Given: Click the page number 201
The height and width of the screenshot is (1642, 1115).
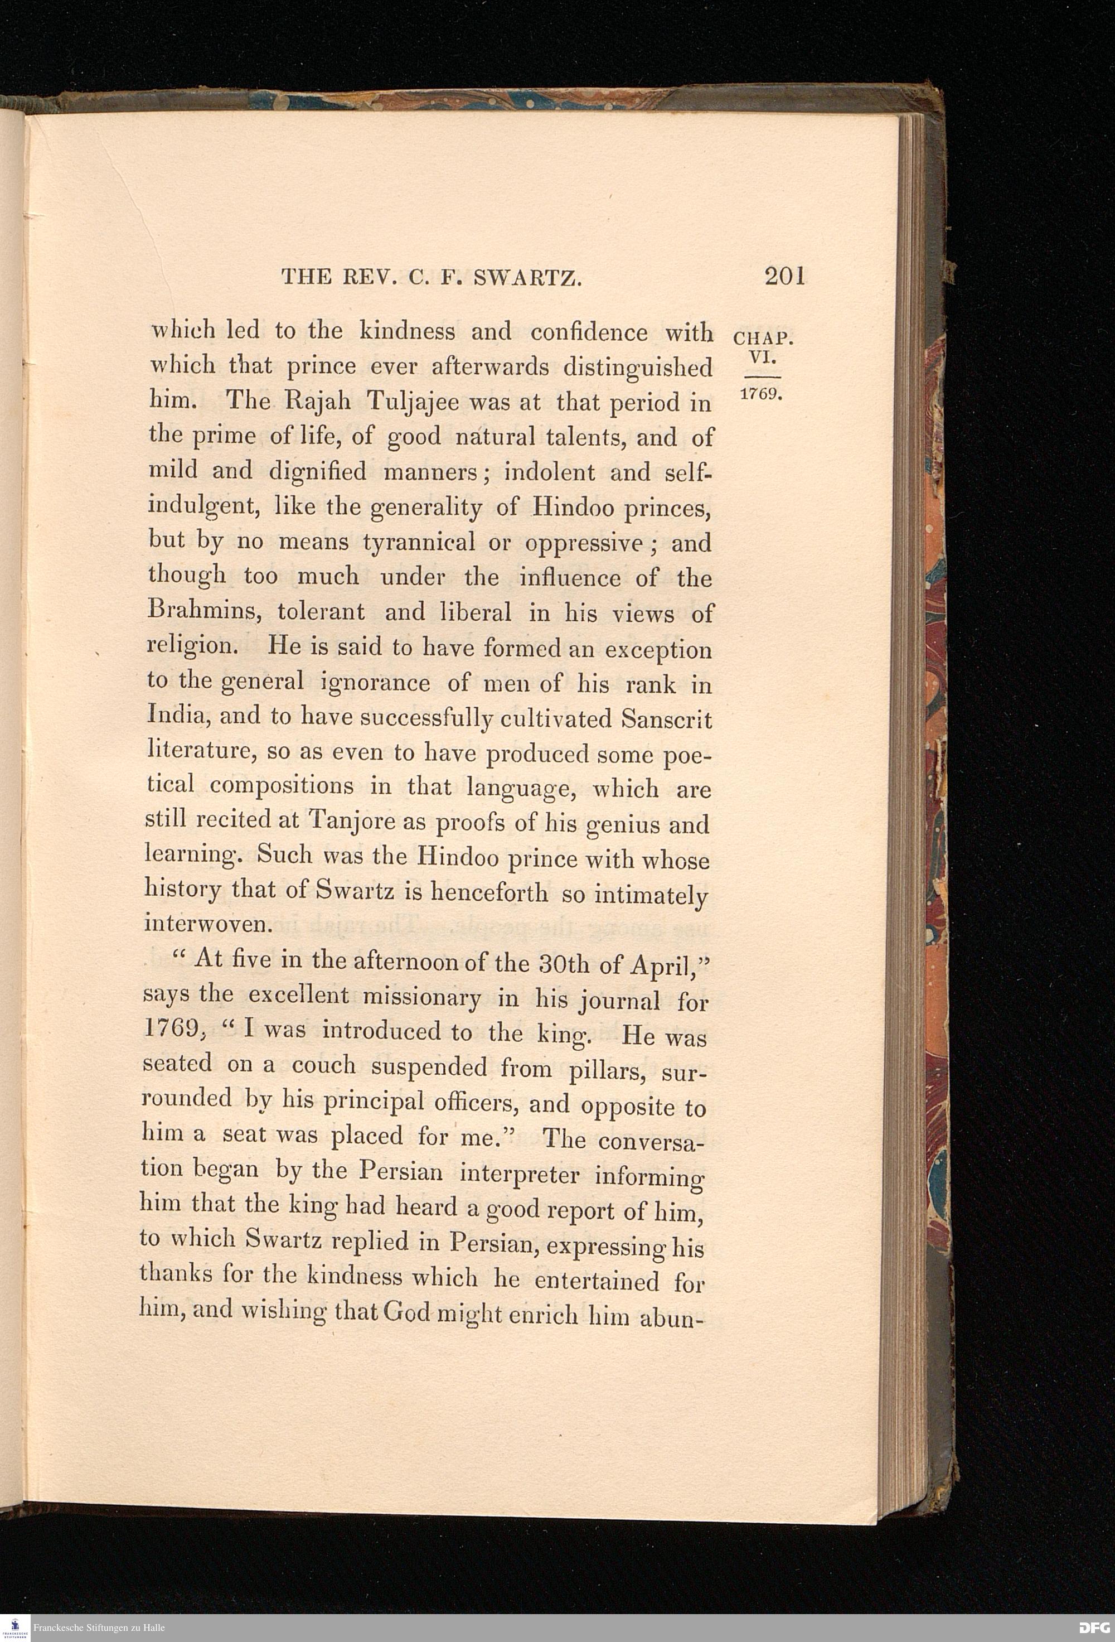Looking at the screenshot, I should pyautogui.click(x=784, y=276).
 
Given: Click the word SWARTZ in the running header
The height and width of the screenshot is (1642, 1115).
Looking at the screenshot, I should pyautogui.click(x=527, y=278).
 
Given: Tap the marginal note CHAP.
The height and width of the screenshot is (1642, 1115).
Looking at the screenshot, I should pyautogui.click(x=764, y=339).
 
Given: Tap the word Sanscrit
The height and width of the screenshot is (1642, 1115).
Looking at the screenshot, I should pyautogui.click(x=667, y=719).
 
